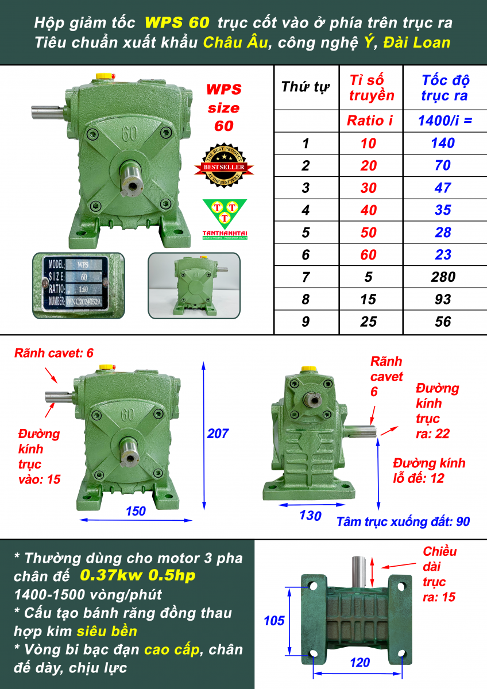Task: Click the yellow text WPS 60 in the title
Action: pyautogui.click(x=177, y=23)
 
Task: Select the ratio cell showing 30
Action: pyautogui.click(x=368, y=188)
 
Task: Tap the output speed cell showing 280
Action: pyautogui.click(x=443, y=277)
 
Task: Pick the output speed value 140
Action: pyautogui.click(x=443, y=143)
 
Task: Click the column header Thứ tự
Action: pyautogui.click(x=305, y=87)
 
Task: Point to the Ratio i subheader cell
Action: pyautogui.click(x=370, y=121)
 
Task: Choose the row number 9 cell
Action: pyautogui.click(x=306, y=322)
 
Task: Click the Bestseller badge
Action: pyautogui.click(x=224, y=165)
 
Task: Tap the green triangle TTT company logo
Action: pyautogui.click(x=225, y=219)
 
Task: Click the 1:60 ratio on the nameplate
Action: pyautogui.click(x=83, y=289)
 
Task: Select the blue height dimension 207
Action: pyautogui.click(x=218, y=433)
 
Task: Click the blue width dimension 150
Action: pyautogui.click(x=136, y=511)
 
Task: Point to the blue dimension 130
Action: pyautogui.click(x=311, y=516)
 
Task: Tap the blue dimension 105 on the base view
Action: pyautogui.click(x=274, y=621)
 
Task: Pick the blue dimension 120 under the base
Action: pyautogui.click(x=360, y=662)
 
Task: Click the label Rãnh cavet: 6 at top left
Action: pyautogui.click(x=54, y=353)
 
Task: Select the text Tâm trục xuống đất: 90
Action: pyautogui.click(x=403, y=522)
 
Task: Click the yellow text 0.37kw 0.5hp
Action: pyautogui.click(x=137, y=575)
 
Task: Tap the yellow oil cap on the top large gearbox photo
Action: pyautogui.click(x=105, y=76)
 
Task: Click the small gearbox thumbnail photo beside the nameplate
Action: pyautogui.click(x=194, y=285)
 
